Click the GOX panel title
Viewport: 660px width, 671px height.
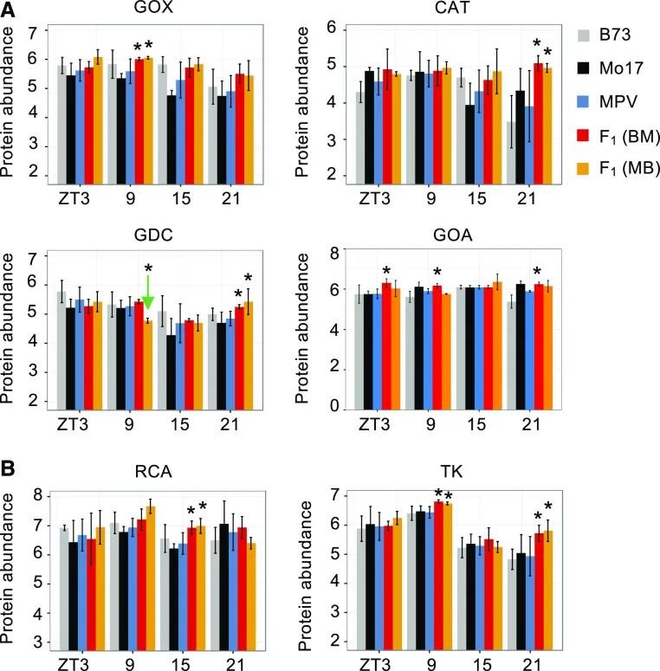point(151,12)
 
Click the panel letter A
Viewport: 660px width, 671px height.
point(10,10)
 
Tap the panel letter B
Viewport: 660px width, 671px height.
point(10,468)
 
